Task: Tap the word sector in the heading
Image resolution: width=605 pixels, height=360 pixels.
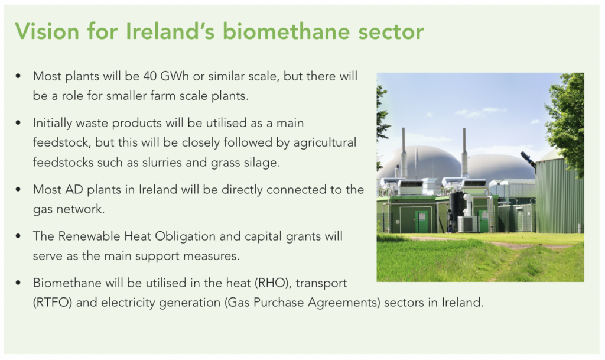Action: tap(391, 33)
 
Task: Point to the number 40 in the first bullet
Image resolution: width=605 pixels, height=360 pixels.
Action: tap(149, 76)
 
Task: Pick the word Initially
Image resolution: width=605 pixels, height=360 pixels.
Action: tap(53, 123)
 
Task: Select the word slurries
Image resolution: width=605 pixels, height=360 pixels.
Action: tap(162, 162)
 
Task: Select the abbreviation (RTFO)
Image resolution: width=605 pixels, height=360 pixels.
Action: tap(53, 303)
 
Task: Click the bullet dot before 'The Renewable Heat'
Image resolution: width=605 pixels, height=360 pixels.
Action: tap(18, 236)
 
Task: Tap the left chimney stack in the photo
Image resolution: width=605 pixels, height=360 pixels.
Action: tap(404, 153)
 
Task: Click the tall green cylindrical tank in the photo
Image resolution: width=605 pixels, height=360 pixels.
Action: tap(560, 193)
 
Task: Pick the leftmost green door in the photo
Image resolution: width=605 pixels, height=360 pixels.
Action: tap(421, 222)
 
